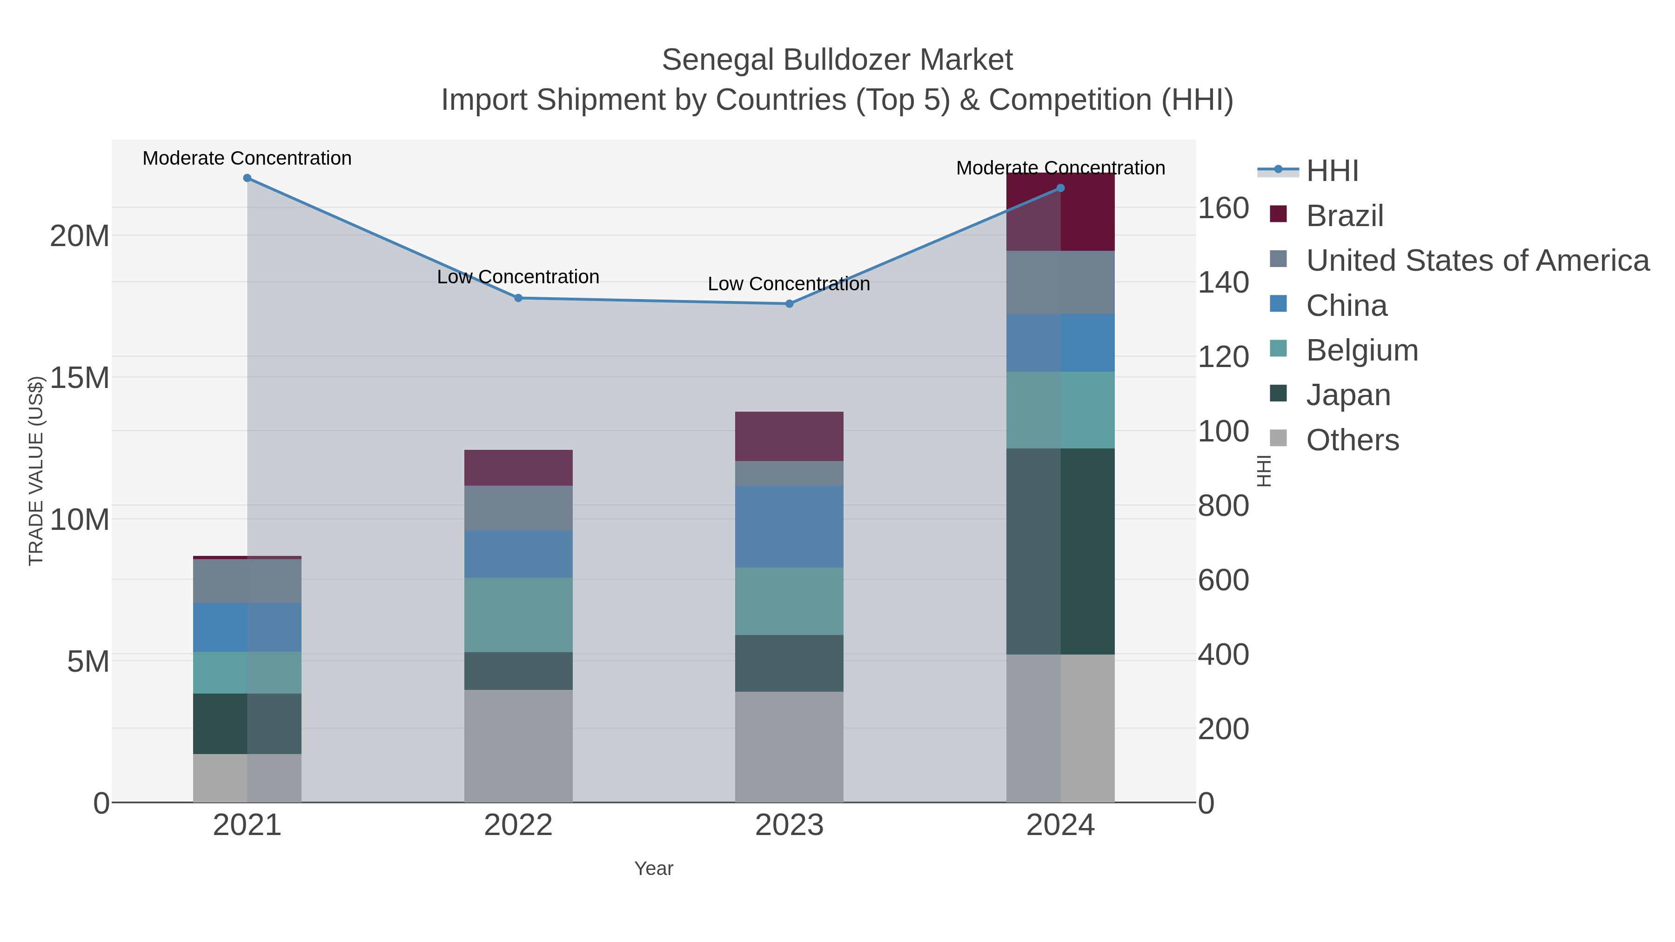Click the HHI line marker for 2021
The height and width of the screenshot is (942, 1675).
[x=247, y=178]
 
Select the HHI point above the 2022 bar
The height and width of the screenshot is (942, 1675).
[x=518, y=298]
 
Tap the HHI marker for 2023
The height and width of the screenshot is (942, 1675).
[x=790, y=304]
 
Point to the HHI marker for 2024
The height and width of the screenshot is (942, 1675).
[x=1060, y=188]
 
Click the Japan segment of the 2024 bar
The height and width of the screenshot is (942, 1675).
[x=1060, y=551]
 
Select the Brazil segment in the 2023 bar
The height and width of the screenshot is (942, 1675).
[x=790, y=436]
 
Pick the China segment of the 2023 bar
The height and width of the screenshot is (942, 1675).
[x=790, y=527]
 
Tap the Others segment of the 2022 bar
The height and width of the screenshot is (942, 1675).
[x=518, y=746]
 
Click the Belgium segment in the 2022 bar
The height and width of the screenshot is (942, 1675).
[x=518, y=615]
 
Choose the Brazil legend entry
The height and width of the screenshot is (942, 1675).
[x=1344, y=216]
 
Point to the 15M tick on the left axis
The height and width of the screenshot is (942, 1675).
[x=79, y=378]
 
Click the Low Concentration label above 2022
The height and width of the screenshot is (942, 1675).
[x=518, y=277]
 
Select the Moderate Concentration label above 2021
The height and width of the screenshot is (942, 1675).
[x=247, y=158]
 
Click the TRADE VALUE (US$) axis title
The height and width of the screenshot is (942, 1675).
[x=36, y=471]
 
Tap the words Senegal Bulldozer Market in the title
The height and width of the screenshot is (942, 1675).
[x=837, y=60]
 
